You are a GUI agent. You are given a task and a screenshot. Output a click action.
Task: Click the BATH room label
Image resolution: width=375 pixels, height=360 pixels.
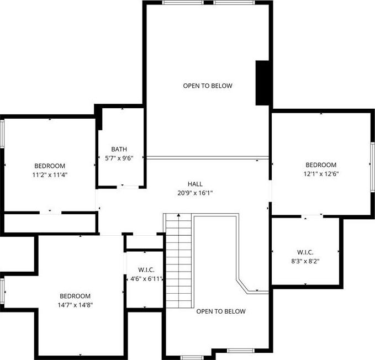[119, 149]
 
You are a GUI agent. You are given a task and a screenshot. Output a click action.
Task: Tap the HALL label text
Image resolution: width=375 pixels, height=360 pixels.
[195, 184]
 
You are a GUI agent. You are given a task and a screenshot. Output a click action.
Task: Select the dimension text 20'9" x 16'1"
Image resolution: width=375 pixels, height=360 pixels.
[195, 193]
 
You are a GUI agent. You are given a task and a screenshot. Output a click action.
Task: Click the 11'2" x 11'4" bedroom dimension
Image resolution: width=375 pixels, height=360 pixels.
[50, 174]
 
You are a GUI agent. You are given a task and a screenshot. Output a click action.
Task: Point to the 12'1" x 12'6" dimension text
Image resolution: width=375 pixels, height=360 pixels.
[321, 174]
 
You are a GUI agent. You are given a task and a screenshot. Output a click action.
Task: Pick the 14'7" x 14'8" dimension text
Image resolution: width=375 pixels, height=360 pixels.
[75, 305]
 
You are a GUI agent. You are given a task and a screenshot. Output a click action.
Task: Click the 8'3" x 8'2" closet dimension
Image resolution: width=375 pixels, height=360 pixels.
[305, 261]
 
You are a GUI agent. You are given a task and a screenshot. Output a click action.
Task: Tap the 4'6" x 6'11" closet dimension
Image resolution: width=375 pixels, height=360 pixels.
[146, 279]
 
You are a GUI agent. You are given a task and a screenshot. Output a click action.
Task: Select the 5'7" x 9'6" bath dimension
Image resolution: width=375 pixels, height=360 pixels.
[119, 158]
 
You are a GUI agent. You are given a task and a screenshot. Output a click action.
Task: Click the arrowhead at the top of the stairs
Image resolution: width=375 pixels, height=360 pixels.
[178, 215]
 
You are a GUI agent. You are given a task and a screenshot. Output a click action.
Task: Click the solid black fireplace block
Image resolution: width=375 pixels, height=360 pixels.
[263, 83]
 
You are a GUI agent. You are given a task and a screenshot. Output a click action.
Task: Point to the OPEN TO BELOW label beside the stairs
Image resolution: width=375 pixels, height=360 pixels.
[221, 311]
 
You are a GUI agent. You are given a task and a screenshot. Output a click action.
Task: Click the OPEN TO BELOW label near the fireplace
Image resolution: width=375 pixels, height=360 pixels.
[208, 86]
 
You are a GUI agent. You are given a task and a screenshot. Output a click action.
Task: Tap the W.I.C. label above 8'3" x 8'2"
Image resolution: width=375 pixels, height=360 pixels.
[305, 252]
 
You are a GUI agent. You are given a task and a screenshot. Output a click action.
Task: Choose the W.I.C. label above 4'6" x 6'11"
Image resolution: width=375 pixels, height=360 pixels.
[146, 270]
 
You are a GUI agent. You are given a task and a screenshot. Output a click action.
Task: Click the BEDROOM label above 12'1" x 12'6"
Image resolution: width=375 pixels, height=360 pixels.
[321, 165]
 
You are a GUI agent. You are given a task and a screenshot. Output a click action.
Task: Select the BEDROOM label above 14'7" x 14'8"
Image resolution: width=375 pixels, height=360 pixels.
[75, 296]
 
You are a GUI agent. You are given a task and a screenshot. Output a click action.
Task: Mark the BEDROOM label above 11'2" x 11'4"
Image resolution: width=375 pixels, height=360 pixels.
[50, 166]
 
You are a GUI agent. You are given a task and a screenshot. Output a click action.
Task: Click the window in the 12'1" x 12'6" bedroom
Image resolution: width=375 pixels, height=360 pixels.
[372, 167]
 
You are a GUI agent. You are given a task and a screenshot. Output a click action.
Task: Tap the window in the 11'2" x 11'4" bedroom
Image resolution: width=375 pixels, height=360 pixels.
[2, 134]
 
